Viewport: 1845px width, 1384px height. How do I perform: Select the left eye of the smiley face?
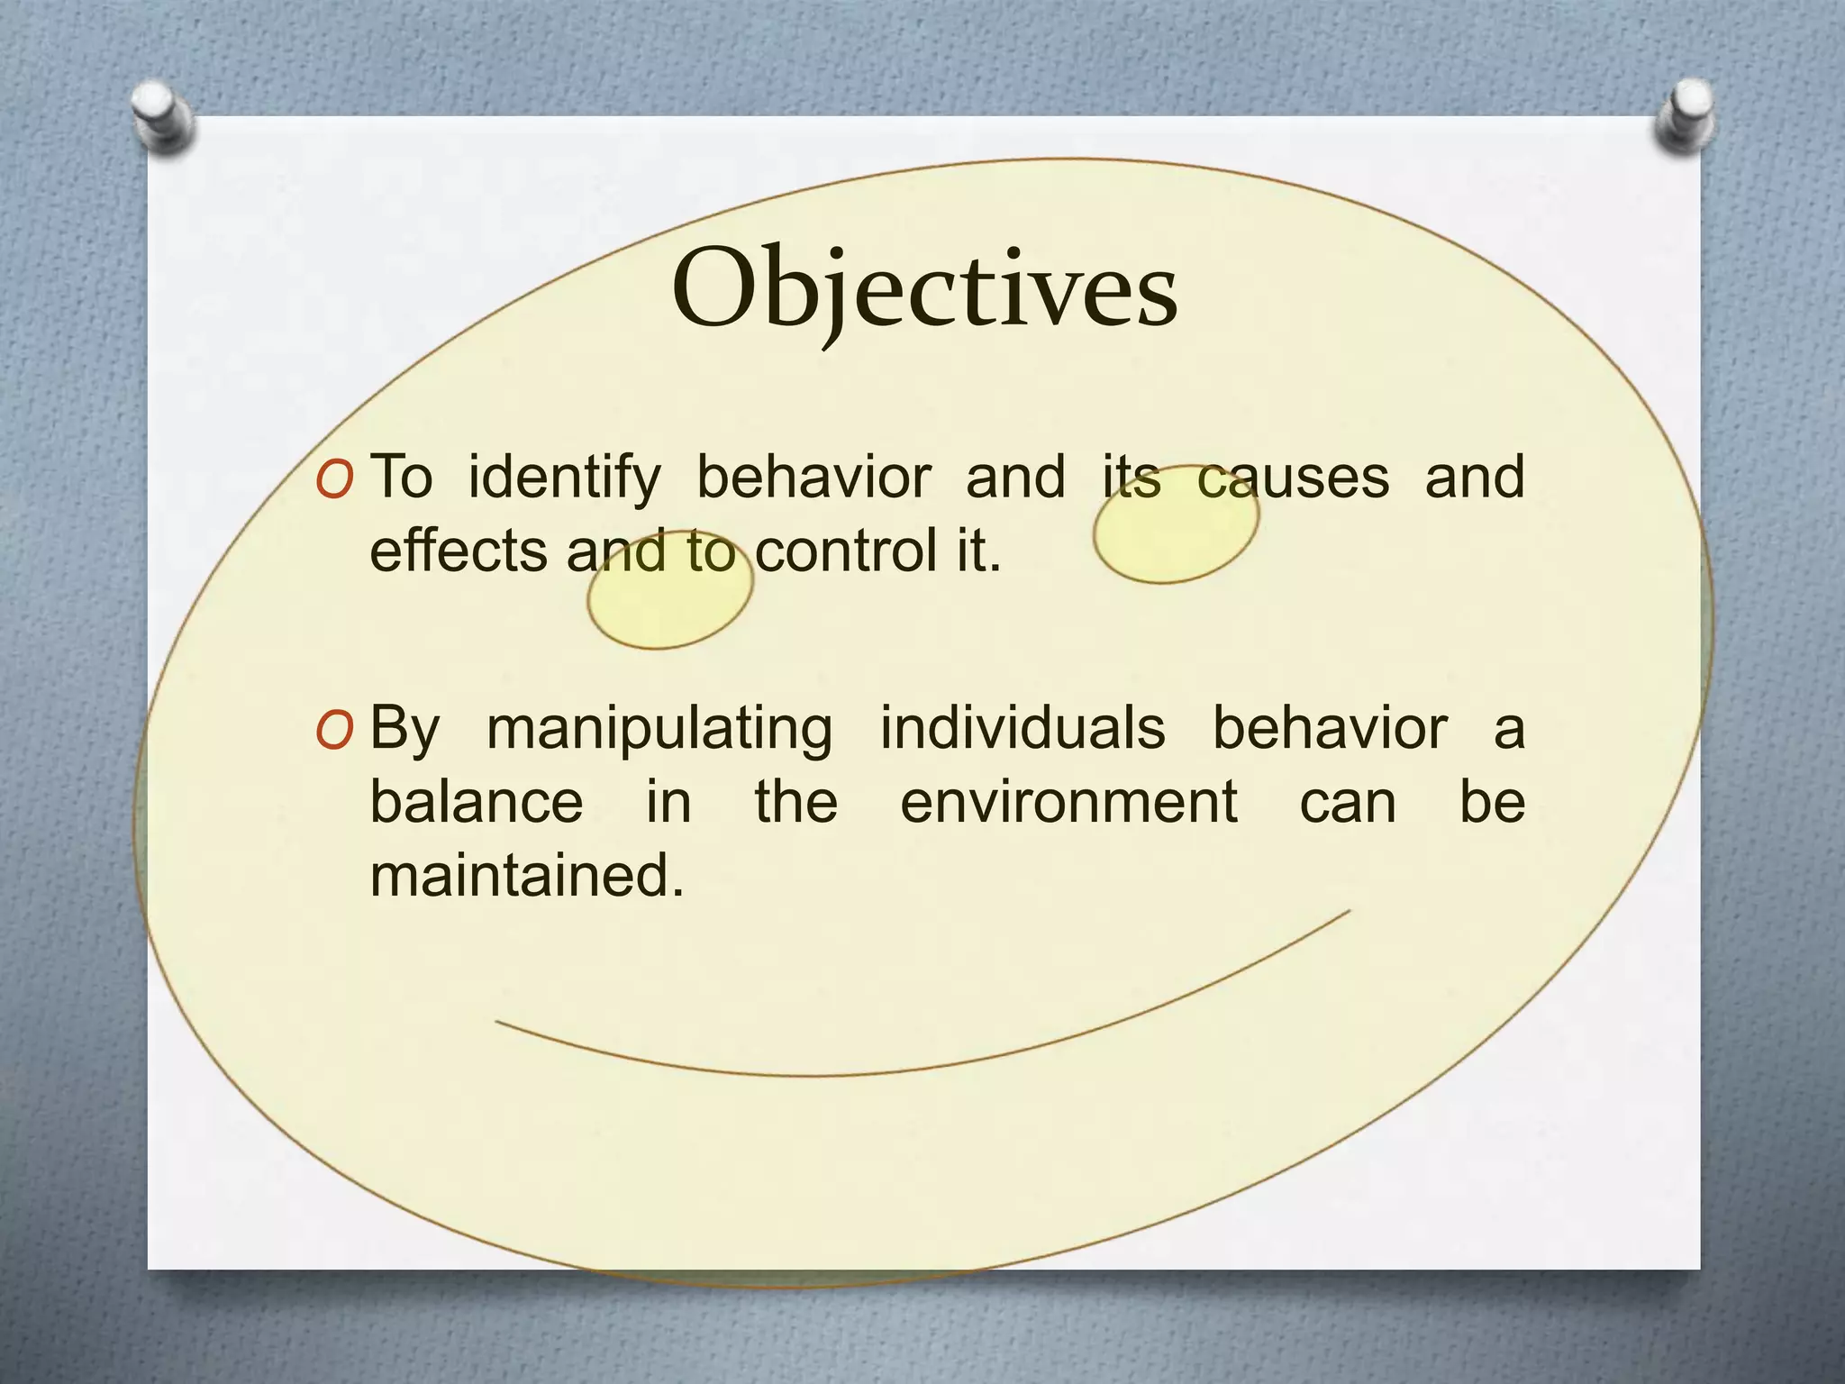[x=669, y=591]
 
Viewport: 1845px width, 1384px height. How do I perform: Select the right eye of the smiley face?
[x=1176, y=524]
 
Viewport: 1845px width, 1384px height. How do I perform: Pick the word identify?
[x=564, y=478]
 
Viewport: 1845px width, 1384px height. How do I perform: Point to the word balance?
[x=477, y=801]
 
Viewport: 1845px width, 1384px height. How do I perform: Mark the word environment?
[x=1068, y=801]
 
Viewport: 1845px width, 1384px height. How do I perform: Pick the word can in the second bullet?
[x=1347, y=803]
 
